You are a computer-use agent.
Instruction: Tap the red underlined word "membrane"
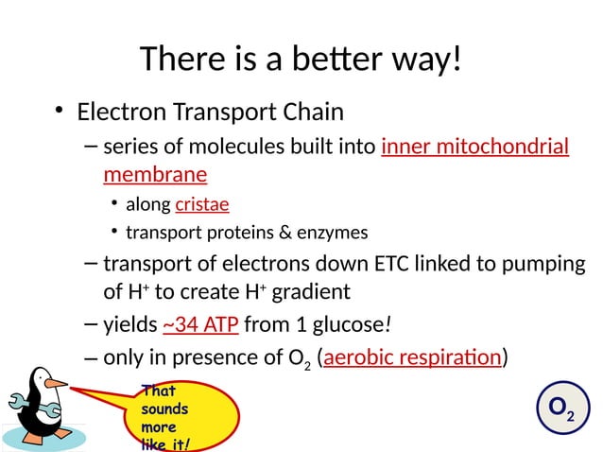coord(155,175)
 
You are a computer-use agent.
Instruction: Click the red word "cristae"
coord(201,204)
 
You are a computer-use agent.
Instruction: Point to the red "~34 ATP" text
coord(200,326)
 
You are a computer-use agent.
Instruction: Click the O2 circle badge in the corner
coord(560,409)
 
